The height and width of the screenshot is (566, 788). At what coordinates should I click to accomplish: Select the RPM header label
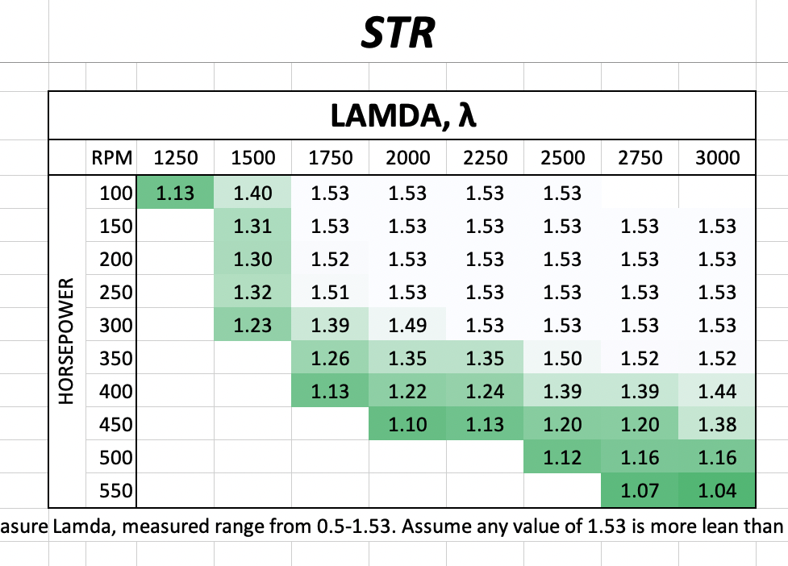click(x=111, y=157)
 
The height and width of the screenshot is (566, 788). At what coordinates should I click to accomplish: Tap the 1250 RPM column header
click(x=175, y=157)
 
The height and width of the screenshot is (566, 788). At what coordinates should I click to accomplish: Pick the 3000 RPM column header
click(x=718, y=157)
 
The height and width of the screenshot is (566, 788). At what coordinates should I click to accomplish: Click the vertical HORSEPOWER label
click(x=68, y=342)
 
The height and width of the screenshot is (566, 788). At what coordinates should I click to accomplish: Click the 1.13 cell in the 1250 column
click(x=175, y=194)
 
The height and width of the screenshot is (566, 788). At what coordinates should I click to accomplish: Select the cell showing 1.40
click(x=252, y=194)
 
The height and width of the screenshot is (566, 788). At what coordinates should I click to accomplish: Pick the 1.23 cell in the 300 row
click(x=252, y=326)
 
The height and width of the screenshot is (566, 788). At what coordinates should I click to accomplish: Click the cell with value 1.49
click(x=407, y=326)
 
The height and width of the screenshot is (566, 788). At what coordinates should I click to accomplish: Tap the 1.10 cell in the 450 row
click(x=407, y=425)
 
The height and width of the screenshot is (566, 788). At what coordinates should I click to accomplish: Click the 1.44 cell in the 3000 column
click(x=718, y=392)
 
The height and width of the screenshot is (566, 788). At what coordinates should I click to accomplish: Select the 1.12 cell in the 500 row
click(x=563, y=458)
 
